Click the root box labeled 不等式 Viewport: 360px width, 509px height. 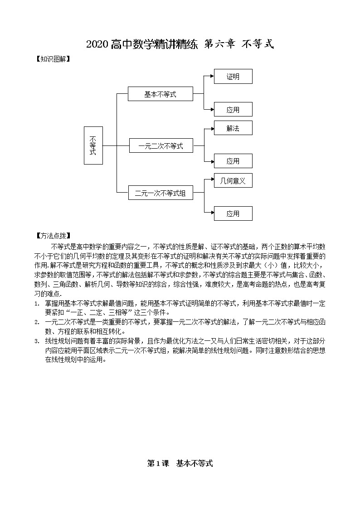[93, 145]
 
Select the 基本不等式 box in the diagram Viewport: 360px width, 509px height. [161, 94]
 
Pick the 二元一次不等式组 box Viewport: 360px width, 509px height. [161, 193]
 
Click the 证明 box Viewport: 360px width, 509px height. [233, 77]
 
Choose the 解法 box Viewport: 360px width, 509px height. [233, 128]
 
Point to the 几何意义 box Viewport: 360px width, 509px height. [233, 181]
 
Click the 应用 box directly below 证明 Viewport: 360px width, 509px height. [233, 110]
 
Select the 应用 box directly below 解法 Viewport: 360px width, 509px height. [233, 161]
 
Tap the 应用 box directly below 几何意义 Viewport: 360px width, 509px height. [233, 213]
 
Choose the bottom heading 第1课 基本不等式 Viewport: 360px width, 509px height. [180, 463]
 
